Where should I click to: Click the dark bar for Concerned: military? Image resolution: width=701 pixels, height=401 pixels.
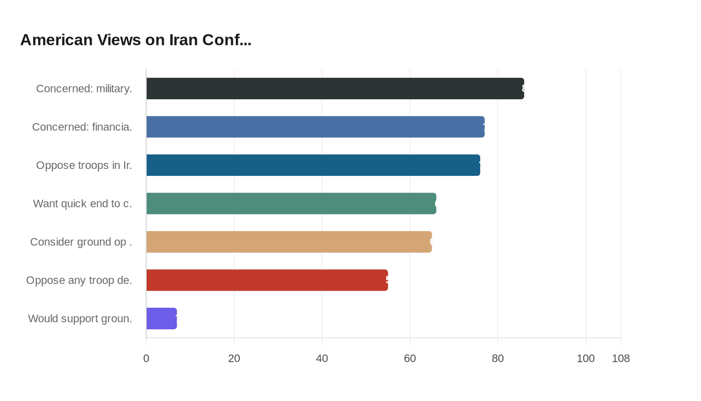tap(335, 89)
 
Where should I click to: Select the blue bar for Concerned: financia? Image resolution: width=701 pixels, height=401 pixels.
tap(315, 127)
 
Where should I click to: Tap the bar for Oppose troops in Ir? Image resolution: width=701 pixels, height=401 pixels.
tap(313, 165)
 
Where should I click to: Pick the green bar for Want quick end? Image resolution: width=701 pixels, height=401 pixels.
tap(291, 204)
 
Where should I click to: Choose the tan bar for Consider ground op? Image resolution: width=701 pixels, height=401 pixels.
tap(289, 242)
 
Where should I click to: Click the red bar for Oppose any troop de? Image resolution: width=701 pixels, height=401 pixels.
tap(267, 280)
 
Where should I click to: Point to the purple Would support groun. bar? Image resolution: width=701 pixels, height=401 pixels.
tap(161, 318)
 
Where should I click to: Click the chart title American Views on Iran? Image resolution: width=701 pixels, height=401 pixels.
tap(136, 40)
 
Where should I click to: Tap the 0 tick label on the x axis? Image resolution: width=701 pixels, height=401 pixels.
tap(146, 358)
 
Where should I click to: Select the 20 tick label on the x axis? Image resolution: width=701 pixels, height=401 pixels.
tap(234, 358)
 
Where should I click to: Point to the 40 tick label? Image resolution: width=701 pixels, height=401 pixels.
tap(322, 358)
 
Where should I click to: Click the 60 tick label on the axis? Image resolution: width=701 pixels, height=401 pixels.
tap(410, 358)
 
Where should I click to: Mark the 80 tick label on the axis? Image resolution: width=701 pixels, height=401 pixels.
tap(498, 358)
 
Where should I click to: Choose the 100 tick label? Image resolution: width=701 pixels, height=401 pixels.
tap(585, 358)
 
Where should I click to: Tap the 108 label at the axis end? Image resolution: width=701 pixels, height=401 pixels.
tap(621, 358)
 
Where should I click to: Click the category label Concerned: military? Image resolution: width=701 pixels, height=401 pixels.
tap(84, 89)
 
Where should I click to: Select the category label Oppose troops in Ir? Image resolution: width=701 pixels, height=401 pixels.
tap(84, 165)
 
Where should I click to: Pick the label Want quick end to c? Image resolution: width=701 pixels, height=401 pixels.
tap(83, 204)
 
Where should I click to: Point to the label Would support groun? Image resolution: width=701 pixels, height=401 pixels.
tap(80, 318)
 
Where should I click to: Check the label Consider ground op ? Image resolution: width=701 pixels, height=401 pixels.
tap(81, 242)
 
